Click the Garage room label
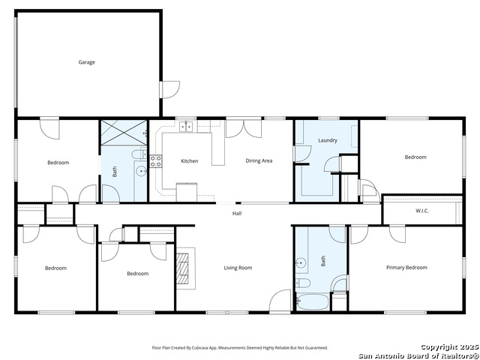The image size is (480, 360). tap(87, 62)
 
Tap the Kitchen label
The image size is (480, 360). tap(190, 160)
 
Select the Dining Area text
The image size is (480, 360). tap(259, 160)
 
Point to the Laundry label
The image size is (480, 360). tap(328, 140)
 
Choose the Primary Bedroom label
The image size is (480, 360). tap(406, 268)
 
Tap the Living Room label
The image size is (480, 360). tap(238, 268)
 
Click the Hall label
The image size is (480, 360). tap(237, 213)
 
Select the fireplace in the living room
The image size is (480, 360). tap(185, 268)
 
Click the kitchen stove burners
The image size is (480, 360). tap(156, 161)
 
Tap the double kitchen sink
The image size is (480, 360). tap(186, 127)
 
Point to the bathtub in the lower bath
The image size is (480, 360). tap(313, 301)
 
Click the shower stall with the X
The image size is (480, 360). tap(124, 133)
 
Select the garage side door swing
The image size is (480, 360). tap(170, 90)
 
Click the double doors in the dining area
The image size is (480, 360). tap(244, 128)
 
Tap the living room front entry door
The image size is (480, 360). tap(280, 301)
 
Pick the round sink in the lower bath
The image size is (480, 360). tap(301, 262)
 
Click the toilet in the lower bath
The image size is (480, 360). tap(303, 283)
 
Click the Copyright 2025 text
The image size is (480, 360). tap(449, 346)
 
